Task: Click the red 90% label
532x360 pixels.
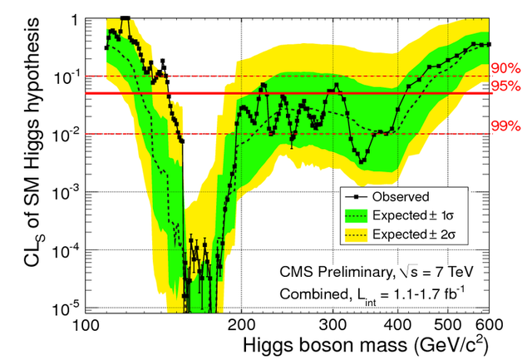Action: coord(505,68)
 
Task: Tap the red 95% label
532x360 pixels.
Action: coord(505,86)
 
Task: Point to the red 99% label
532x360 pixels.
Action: coord(505,126)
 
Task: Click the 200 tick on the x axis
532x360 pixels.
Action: coord(241,325)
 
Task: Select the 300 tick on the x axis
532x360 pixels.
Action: coord(332,325)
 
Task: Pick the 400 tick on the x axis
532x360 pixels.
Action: coord(397,325)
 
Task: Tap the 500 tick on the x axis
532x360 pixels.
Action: coord(448,325)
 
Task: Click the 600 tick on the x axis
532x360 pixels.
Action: coord(489,325)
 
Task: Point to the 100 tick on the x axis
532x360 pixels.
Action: coord(86,325)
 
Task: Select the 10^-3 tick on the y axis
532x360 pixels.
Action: coord(65,192)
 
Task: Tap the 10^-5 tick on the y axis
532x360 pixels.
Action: coord(65,308)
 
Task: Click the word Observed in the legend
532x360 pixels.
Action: coord(401,197)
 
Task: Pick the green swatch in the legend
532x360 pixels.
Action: coord(356,216)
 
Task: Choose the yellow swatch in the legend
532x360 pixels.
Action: coord(356,234)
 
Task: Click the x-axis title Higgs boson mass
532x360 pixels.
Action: coord(325,345)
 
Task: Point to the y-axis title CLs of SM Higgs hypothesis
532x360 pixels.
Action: coord(33,142)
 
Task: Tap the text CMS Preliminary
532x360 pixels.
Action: coord(335,272)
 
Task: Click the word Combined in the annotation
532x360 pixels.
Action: coord(314,293)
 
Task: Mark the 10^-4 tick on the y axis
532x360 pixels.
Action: coord(65,250)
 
